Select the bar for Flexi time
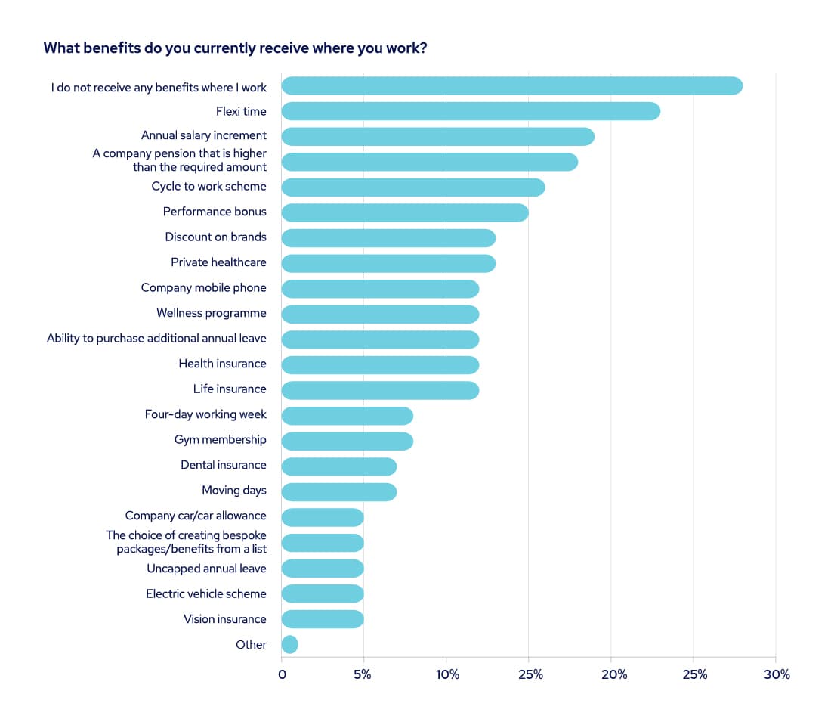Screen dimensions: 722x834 click(x=471, y=112)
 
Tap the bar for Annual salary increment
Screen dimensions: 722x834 click(x=437, y=137)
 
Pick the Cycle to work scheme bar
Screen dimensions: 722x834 click(x=412, y=187)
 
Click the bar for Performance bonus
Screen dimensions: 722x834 click(x=404, y=213)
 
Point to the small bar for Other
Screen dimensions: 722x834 click(x=289, y=645)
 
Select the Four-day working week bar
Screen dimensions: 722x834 click(x=347, y=416)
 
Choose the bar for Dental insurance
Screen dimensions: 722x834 click(x=338, y=466)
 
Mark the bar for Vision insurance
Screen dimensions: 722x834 click(x=323, y=619)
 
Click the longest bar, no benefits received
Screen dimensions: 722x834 click(x=511, y=86)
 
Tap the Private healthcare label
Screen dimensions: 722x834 click(x=218, y=262)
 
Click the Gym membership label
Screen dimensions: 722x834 click(x=220, y=439)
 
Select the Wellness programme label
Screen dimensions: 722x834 click(x=212, y=313)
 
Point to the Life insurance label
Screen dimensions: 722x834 click(x=230, y=389)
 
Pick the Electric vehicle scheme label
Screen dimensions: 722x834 click(x=206, y=593)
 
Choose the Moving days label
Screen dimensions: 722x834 click(x=234, y=490)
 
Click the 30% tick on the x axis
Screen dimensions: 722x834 click(x=776, y=674)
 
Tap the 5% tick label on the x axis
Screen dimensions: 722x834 click(x=363, y=674)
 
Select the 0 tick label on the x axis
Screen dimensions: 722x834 click(x=282, y=674)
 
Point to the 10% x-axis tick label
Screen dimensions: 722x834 click(x=447, y=674)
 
